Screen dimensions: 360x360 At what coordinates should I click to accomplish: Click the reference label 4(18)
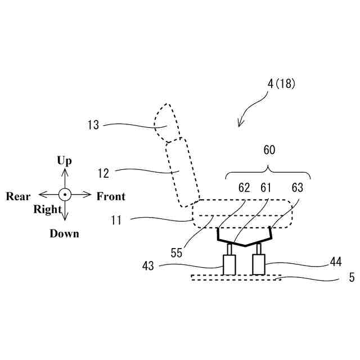281,84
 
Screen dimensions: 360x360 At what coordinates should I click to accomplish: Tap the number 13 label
93,125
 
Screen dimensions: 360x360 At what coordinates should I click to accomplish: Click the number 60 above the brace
269,150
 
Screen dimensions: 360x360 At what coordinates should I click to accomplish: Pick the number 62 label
244,188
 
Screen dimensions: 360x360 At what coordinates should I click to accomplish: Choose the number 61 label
265,188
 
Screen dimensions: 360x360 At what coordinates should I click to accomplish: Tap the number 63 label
298,188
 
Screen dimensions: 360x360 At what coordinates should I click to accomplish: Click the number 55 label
177,254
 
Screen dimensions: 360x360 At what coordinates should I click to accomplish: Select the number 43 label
148,265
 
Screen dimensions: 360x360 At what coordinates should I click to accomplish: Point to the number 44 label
336,262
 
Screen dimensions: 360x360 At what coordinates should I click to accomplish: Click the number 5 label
352,277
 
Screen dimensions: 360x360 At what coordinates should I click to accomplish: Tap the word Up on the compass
65,161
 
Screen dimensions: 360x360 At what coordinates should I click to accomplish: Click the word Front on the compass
111,196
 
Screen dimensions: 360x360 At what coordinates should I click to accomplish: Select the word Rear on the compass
18,196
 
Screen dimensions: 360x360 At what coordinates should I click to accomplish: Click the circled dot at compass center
65,195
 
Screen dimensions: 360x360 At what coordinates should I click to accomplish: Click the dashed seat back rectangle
182,172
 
